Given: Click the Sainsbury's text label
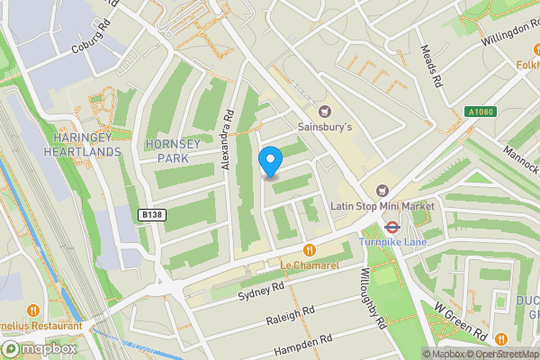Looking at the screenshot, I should pos(324,128).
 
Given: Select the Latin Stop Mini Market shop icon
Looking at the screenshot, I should pos(382,190).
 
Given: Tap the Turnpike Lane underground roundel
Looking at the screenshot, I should pos(391,227).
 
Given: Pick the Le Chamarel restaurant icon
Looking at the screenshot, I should pos(309,249).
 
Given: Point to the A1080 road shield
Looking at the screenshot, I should pos(481,112).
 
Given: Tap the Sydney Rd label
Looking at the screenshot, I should pos(261,291).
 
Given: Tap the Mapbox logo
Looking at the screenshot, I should pos(40,348).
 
